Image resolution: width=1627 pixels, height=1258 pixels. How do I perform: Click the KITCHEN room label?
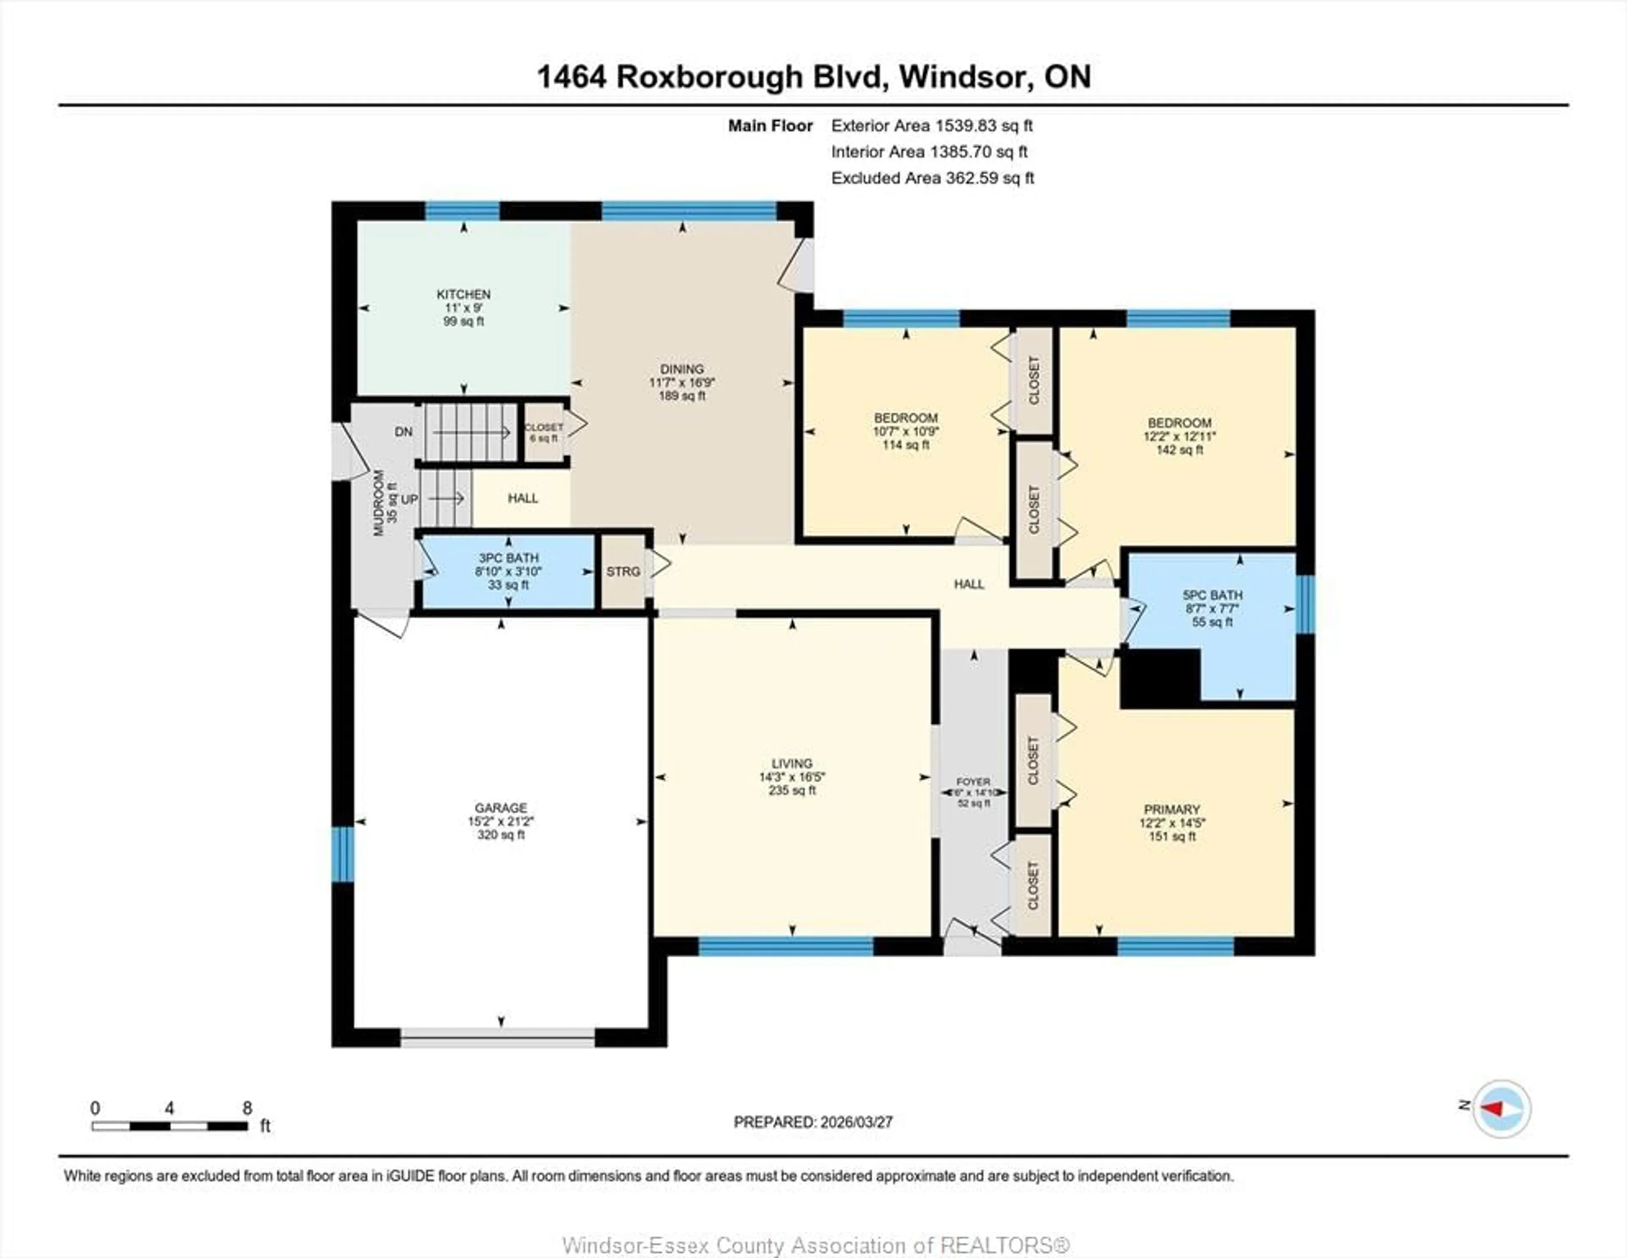(464, 294)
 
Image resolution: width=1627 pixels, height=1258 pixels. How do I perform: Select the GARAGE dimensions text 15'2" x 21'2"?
(501, 822)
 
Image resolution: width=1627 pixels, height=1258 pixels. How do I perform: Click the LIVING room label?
(792, 763)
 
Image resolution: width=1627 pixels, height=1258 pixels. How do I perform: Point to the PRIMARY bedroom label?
(1172, 809)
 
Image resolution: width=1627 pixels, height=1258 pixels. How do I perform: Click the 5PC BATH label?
(1212, 595)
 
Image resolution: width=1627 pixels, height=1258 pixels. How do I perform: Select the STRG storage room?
(623, 571)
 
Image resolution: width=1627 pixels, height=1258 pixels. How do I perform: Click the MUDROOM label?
(378, 503)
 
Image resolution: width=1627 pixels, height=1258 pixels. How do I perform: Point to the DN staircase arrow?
(471, 432)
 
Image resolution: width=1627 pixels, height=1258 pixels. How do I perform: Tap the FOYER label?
(973, 782)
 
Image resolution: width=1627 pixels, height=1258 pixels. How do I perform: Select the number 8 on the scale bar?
(247, 1108)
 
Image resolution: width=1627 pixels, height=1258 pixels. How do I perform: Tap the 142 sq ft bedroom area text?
(1179, 450)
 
